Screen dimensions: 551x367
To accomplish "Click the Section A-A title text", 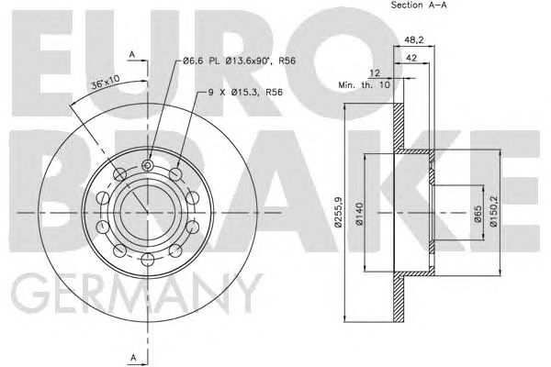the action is pos(419,5).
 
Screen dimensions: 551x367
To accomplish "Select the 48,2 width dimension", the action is pos(414,39).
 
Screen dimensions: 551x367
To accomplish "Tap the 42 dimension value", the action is pos(411,58).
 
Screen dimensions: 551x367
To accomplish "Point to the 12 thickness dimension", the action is pos(375,73).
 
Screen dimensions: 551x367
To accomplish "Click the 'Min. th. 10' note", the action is pos(365,85).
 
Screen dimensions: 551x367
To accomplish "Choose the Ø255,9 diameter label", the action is pos(338,212).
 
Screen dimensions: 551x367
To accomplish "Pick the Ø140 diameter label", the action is pos(359,214).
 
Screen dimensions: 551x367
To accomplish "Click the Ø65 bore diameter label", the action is pos(478,214).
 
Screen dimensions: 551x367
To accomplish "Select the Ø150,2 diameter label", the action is pos(493,211).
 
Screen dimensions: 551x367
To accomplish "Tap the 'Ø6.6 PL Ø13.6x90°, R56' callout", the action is pos(240,61).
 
